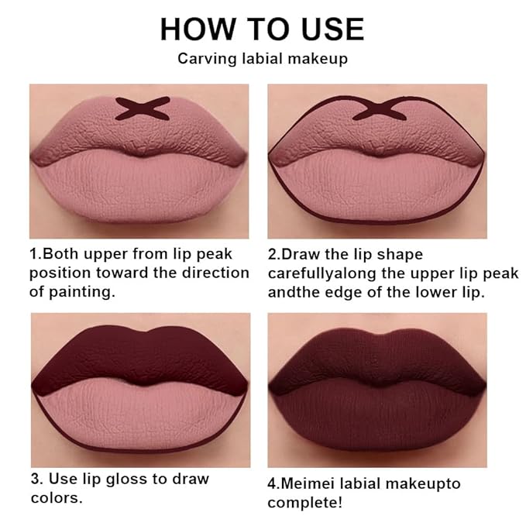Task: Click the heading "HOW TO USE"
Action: (x=262, y=29)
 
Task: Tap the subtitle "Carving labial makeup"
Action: (x=262, y=58)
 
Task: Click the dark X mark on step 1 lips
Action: (x=142, y=108)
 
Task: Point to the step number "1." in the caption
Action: (x=36, y=254)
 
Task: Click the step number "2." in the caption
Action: (x=274, y=254)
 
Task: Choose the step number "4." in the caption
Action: (x=274, y=484)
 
